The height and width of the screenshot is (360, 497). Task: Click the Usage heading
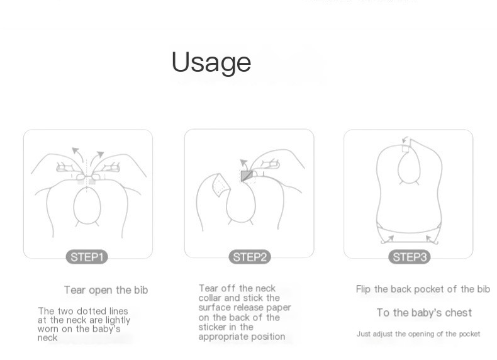point(211,62)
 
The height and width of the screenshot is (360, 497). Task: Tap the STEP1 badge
point(87,257)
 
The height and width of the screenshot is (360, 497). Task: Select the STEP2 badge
point(250,257)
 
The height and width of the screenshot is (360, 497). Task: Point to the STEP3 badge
point(410,257)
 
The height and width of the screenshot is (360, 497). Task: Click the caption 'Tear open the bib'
point(106,290)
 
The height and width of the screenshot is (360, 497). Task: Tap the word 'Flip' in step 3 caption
point(363,290)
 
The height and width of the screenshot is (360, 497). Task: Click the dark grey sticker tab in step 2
point(247,176)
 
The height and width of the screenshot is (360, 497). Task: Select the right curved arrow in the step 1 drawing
point(96,159)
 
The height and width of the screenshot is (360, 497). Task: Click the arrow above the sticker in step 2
point(244,165)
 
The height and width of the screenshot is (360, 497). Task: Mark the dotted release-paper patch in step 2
point(221,186)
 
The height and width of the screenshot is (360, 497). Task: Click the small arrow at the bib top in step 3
point(405,140)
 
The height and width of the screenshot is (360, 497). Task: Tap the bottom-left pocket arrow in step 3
point(388,240)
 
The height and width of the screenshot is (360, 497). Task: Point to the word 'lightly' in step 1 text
point(118,320)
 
